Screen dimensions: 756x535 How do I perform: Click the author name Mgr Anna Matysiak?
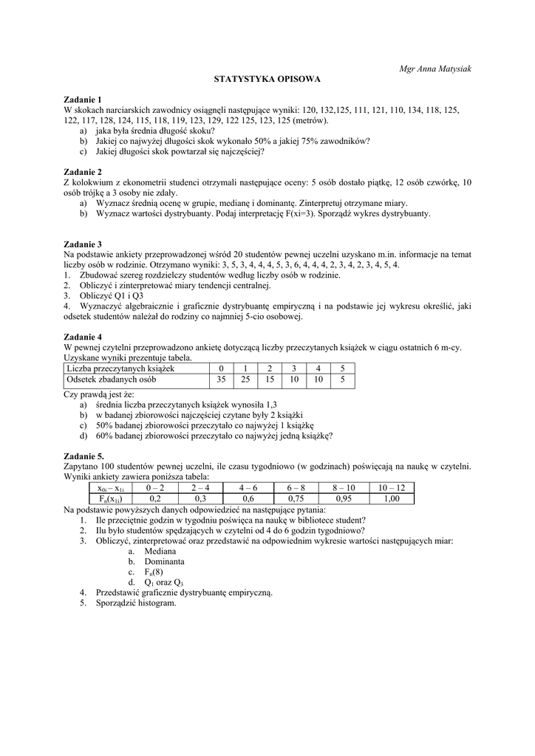[x=435, y=69]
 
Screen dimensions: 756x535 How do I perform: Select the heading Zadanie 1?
[x=84, y=100]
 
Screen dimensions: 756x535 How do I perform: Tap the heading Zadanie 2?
[x=84, y=172]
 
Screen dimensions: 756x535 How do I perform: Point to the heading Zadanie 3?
[x=84, y=244]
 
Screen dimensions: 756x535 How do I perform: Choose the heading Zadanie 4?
[x=84, y=337]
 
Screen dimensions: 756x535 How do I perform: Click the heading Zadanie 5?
[x=85, y=457]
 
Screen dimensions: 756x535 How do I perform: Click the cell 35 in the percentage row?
[x=220, y=380]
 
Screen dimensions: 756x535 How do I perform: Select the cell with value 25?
[x=245, y=380]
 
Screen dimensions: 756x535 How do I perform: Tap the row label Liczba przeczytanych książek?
[x=120, y=368]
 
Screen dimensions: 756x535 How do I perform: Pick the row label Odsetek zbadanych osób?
[x=112, y=380]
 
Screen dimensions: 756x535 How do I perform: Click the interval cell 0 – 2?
[x=155, y=488]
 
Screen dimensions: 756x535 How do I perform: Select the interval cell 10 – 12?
[x=392, y=488]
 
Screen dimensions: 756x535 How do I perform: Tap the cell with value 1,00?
[x=392, y=499]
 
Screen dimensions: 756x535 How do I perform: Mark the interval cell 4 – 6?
[x=248, y=488]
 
